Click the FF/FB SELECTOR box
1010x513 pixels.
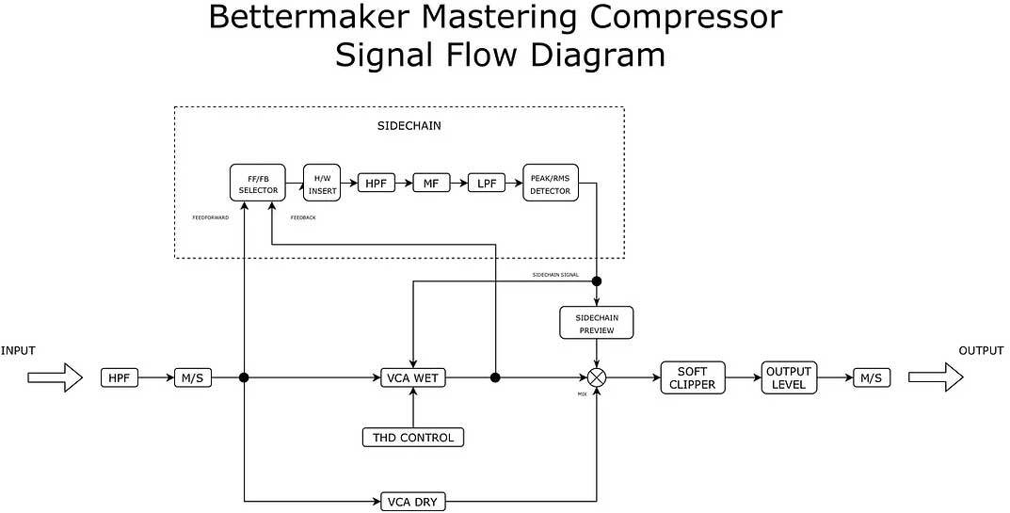(258, 182)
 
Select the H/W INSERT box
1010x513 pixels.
(321, 182)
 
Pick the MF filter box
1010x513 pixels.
(432, 183)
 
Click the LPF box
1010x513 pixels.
(487, 183)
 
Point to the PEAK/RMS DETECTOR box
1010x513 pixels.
(551, 182)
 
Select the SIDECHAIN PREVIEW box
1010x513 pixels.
(597, 323)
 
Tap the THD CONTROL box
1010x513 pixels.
(413, 437)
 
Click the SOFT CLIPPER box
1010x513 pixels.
(693, 377)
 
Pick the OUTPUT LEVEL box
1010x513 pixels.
(788, 377)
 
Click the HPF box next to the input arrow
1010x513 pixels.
(120, 377)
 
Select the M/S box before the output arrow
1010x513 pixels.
(872, 377)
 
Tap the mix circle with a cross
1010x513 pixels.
(597, 377)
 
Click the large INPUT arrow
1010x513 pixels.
(55, 377)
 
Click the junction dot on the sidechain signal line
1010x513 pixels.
(597, 281)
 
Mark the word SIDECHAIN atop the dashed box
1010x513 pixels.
(402, 125)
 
